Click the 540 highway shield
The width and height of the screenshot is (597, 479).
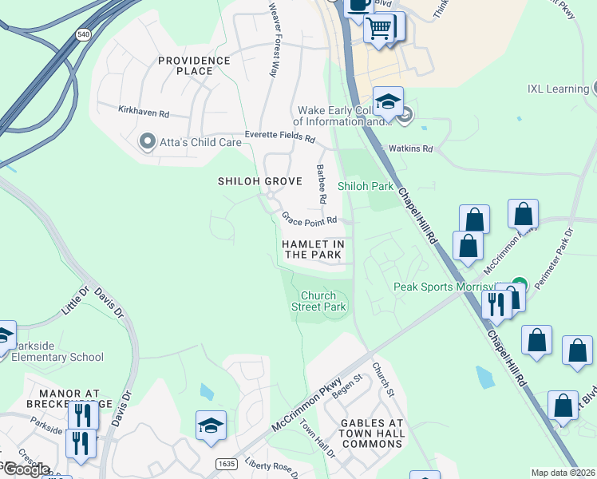click(83, 34)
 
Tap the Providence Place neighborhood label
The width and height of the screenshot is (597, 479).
click(194, 66)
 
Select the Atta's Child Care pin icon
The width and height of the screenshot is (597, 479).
click(147, 142)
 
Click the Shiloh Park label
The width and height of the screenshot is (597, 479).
click(366, 186)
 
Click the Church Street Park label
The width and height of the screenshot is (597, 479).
click(318, 301)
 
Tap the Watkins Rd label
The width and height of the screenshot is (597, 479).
click(409, 148)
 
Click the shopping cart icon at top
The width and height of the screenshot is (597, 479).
click(381, 30)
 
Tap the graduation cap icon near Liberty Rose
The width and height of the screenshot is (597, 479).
click(211, 426)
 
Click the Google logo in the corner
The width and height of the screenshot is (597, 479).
click(26, 469)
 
